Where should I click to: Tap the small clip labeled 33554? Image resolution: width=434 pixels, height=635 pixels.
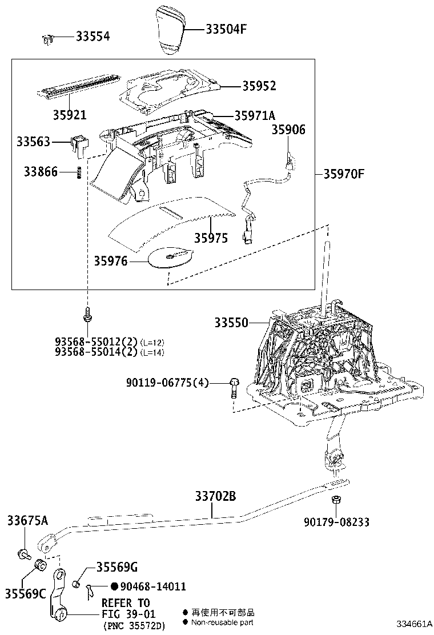pos(47,39)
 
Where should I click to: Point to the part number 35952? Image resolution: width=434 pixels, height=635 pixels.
pos(259,86)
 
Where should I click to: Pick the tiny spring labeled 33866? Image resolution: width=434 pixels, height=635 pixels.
pos(79,172)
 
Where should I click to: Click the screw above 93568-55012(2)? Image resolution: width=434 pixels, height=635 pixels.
pos(87,314)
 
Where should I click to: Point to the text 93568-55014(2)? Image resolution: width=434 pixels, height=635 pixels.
pos(97,352)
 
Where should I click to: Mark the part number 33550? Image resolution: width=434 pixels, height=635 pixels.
pos(231,323)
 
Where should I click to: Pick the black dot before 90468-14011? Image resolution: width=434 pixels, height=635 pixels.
pos(114,586)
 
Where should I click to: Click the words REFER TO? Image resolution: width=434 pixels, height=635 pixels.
pos(125,603)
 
